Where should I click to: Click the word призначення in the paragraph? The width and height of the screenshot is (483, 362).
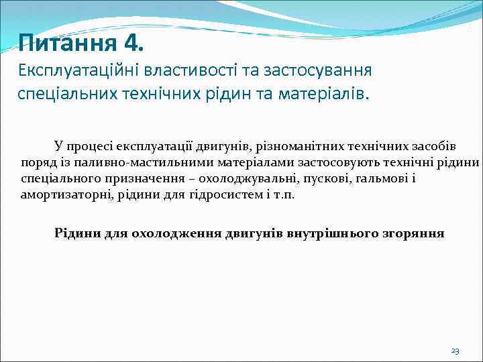click(x=139, y=179)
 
